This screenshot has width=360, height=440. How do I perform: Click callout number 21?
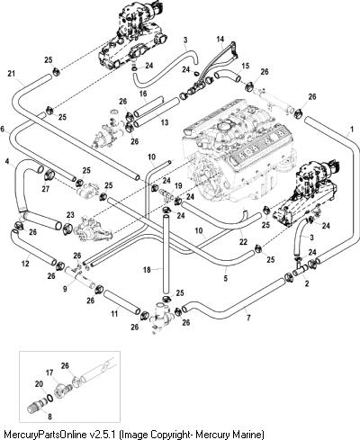pyautogui.click(x=12, y=73)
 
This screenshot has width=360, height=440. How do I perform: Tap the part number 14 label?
pyautogui.click(x=220, y=39)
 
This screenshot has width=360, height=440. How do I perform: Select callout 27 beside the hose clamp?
pyautogui.click(x=46, y=189)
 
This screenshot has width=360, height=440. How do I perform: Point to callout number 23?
pyautogui.click(x=70, y=215)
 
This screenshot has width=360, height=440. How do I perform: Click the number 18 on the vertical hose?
pyautogui.click(x=147, y=270)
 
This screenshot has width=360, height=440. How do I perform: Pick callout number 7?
pyautogui.click(x=248, y=318)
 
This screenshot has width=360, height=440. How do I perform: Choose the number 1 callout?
pyautogui.click(x=352, y=129)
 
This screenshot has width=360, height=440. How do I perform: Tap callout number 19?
pyautogui.click(x=178, y=186)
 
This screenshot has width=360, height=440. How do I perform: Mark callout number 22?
pyautogui.click(x=243, y=242)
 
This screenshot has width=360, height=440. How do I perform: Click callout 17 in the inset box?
pyautogui.click(x=49, y=373)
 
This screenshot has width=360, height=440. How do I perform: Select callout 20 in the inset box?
pyautogui.click(x=39, y=384)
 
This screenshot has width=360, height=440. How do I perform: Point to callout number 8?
pyautogui.click(x=49, y=417)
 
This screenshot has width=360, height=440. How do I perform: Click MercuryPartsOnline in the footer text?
pyautogui.click(x=45, y=434)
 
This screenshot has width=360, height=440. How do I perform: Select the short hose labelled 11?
pyautogui.click(x=121, y=302)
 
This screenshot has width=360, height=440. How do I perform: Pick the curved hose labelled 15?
pyautogui.click(x=227, y=76)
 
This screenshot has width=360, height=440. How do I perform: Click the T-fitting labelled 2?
pyautogui.click(x=301, y=268)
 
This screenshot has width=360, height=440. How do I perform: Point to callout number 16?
pyautogui.click(x=143, y=94)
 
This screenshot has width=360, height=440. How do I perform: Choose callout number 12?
pyautogui.click(x=25, y=264)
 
